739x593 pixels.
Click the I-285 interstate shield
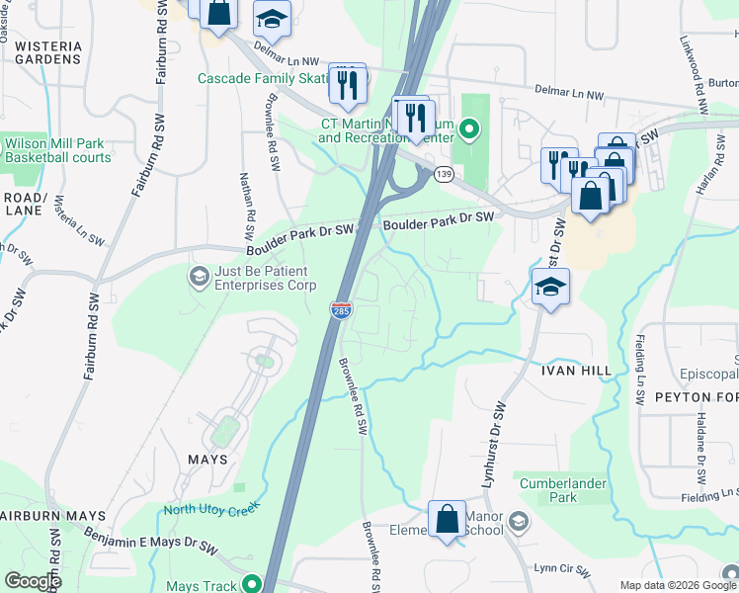341,310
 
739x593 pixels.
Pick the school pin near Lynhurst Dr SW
550,288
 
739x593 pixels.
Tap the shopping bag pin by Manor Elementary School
447,518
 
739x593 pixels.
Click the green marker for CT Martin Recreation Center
470,127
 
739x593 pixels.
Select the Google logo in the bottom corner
32,581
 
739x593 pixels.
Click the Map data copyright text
678,585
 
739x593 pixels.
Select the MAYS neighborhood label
206,460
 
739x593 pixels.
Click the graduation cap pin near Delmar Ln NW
271,19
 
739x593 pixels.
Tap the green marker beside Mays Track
254,584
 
